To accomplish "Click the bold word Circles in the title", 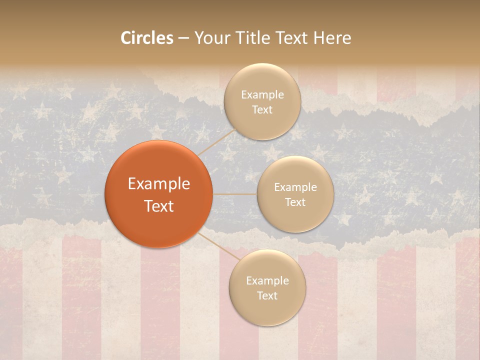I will coord(146,38).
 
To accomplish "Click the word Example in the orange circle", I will coord(158,184).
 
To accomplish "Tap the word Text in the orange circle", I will coord(158,206).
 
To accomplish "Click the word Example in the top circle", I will coord(262,95).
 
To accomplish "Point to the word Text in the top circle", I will coord(262,109).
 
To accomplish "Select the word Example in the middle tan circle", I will coord(295,187).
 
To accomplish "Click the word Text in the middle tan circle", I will coord(295,202).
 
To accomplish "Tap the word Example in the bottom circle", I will coord(267,281).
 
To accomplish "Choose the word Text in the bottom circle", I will coord(267,295).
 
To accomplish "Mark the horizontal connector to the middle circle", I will coord(235,193).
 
